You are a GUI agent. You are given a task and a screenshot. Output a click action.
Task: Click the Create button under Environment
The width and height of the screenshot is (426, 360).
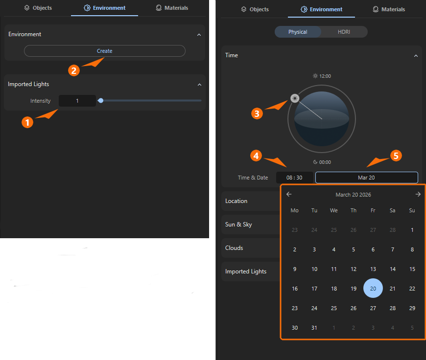coord(104,51)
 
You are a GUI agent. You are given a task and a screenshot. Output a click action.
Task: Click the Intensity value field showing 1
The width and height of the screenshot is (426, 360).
coord(77,101)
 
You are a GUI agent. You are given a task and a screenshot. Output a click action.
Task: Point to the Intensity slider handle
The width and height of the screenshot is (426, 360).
coord(100,101)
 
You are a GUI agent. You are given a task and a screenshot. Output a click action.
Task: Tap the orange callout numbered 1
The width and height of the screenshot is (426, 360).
coord(28,122)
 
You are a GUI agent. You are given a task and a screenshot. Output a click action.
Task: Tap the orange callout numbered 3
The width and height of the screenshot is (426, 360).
coord(257,113)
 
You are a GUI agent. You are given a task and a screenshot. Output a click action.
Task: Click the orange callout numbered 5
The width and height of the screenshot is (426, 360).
coord(396,156)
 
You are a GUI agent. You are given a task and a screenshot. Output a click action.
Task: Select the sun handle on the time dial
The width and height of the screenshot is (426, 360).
coord(294,98)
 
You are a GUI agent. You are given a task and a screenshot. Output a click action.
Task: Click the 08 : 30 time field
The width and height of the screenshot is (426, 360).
coord(294,178)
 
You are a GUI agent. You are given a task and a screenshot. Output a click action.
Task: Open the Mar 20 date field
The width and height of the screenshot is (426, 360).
coord(366,178)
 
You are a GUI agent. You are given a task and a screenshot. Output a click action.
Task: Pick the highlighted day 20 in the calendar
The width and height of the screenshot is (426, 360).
coord(373,289)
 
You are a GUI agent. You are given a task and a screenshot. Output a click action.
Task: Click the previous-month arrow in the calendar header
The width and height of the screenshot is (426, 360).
coord(289,194)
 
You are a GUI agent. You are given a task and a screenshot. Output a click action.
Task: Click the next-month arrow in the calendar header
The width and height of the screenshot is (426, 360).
coord(418,194)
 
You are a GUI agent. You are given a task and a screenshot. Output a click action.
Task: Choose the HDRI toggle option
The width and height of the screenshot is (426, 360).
coord(344,32)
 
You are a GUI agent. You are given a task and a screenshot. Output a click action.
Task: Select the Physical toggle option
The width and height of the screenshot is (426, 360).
coord(298,32)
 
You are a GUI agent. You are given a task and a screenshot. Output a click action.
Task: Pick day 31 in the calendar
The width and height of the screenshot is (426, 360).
coord(314,328)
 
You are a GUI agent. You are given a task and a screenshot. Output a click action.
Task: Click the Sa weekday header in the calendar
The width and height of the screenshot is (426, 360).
coord(392,210)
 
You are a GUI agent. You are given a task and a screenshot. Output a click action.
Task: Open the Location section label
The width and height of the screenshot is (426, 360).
coord(237,201)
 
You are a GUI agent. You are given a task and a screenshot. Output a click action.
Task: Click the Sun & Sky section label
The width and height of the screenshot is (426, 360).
coord(238,225)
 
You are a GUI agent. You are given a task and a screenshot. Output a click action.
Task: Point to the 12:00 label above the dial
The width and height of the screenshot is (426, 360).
coord(322,76)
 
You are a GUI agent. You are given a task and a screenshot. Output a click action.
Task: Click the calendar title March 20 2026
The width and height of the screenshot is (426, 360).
coord(353,195)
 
